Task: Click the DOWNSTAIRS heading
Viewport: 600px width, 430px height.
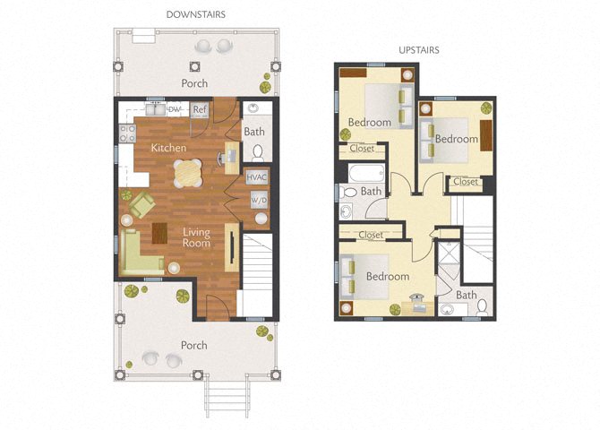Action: coord(194,14)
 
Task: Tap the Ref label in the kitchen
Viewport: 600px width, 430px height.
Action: coord(200,110)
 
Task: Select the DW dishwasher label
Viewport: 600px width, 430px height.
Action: coord(175,110)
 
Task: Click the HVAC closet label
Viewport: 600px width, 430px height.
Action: coord(258,177)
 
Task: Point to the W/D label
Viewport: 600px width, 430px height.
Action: coord(258,199)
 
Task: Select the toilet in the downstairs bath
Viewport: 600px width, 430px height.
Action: coord(257,151)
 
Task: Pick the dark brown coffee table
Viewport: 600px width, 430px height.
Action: coord(160,232)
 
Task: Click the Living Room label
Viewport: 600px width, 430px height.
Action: coord(196,237)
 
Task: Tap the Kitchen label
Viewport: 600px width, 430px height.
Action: coord(168,147)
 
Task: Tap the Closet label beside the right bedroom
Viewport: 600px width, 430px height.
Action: coord(465,182)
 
